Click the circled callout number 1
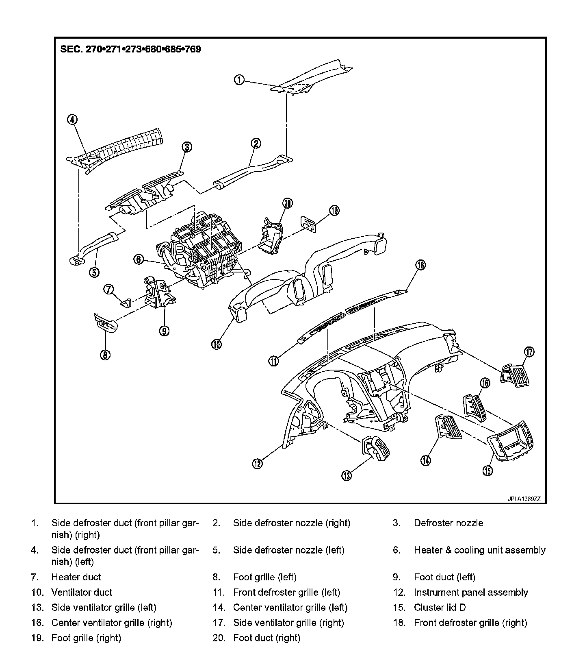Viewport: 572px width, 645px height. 239,80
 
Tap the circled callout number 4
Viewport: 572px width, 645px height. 72,119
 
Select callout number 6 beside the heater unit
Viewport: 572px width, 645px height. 139,259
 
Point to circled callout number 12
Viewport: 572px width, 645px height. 258,464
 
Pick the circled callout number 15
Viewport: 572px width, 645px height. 487,471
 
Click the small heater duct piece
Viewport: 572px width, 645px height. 126,302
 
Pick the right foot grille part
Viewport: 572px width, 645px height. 308,223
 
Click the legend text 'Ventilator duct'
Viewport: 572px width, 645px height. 82,592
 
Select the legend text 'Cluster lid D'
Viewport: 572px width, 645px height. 440,608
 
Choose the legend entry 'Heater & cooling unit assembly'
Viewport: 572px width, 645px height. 479,550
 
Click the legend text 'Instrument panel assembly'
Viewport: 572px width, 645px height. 470,592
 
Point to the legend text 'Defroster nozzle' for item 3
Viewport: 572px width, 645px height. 448,523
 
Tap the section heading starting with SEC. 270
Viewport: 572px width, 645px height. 130,49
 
